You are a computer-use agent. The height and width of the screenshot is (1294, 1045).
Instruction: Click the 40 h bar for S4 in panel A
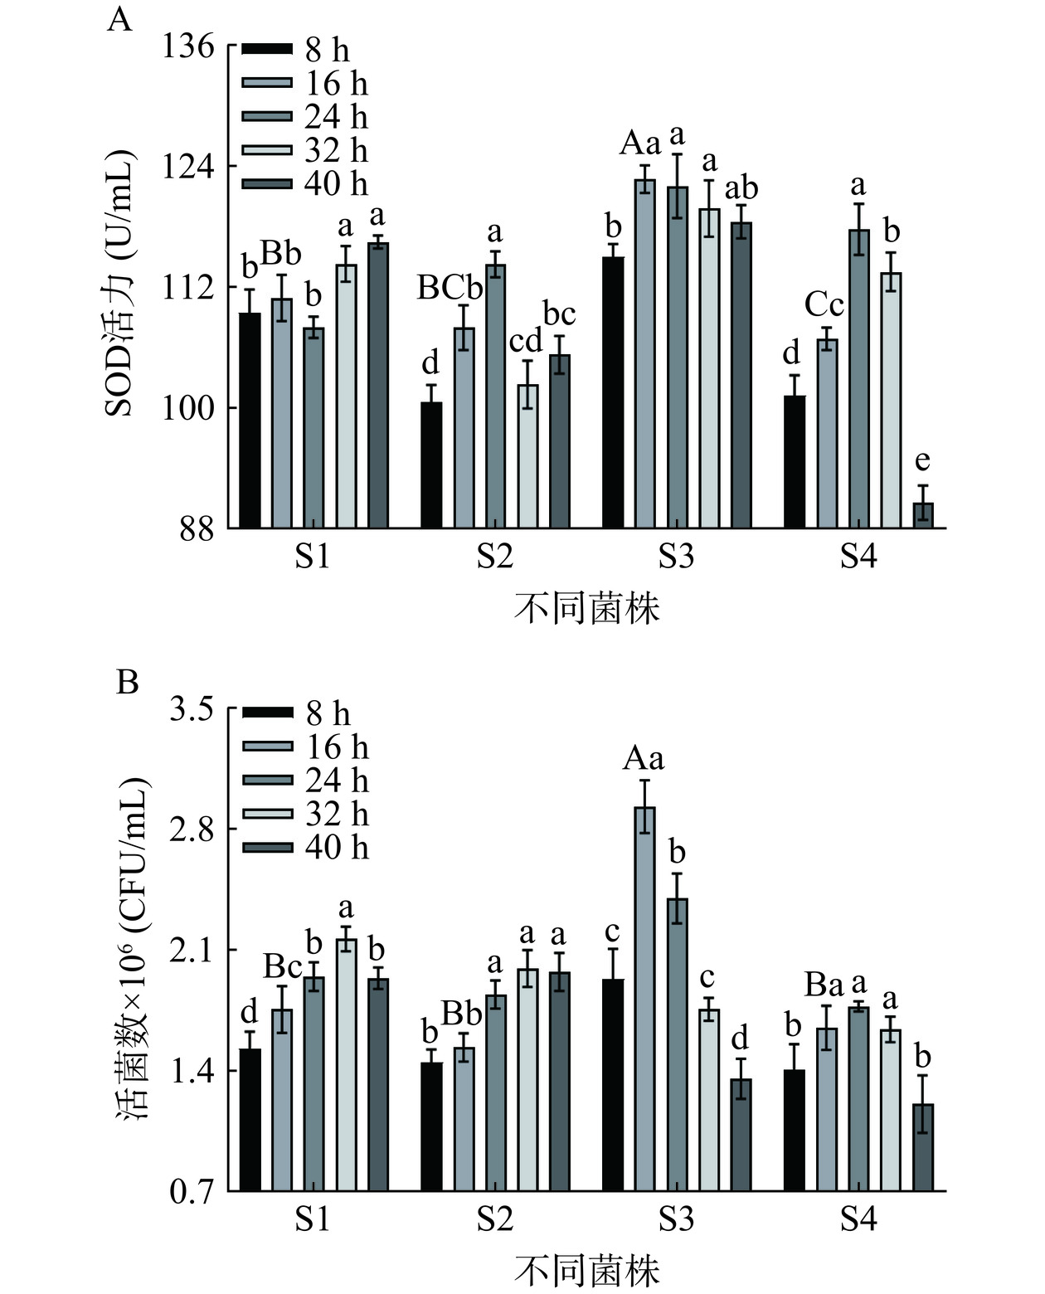pyautogui.click(x=922, y=515)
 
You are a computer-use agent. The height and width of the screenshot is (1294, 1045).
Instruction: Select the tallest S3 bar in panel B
pyautogui.click(x=644, y=999)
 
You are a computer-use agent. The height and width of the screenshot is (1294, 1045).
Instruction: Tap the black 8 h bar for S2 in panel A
pyautogui.click(x=431, y=465)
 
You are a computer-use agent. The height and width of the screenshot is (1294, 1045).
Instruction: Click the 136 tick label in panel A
pyautogui.click(x=188, y=46)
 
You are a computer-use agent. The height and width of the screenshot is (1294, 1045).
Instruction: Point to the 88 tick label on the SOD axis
pyautogui.click(x=197, y=529)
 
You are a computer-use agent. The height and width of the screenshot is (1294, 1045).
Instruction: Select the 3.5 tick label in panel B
pyautogui.click(x=192, y=710)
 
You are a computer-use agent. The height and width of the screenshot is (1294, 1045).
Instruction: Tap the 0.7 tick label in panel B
pyautogui.click(x=192, y=1193)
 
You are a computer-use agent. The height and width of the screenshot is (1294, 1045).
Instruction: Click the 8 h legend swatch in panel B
pyautogui.click(x=267, y=713)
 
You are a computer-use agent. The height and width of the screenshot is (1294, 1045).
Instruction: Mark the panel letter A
pyautogui.click(x=119, y=18)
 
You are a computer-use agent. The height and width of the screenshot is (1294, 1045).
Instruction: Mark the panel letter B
pyautogui.click(x=127, y=682)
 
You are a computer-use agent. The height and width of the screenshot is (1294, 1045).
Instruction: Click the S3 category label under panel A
pyautogui.click(x=676, y=557)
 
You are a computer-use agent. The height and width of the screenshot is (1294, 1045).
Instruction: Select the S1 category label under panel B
pyautogui.click(x=313, y=1219)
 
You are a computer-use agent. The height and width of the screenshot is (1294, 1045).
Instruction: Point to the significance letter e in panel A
pyautogui.click(x=922, y=460)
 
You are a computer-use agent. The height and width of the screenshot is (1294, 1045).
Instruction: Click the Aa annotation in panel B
pyautogui.click(x=644, y=757)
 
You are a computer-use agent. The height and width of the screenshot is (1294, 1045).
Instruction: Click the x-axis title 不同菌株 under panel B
pyautogui.click(x=586, y=1271)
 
